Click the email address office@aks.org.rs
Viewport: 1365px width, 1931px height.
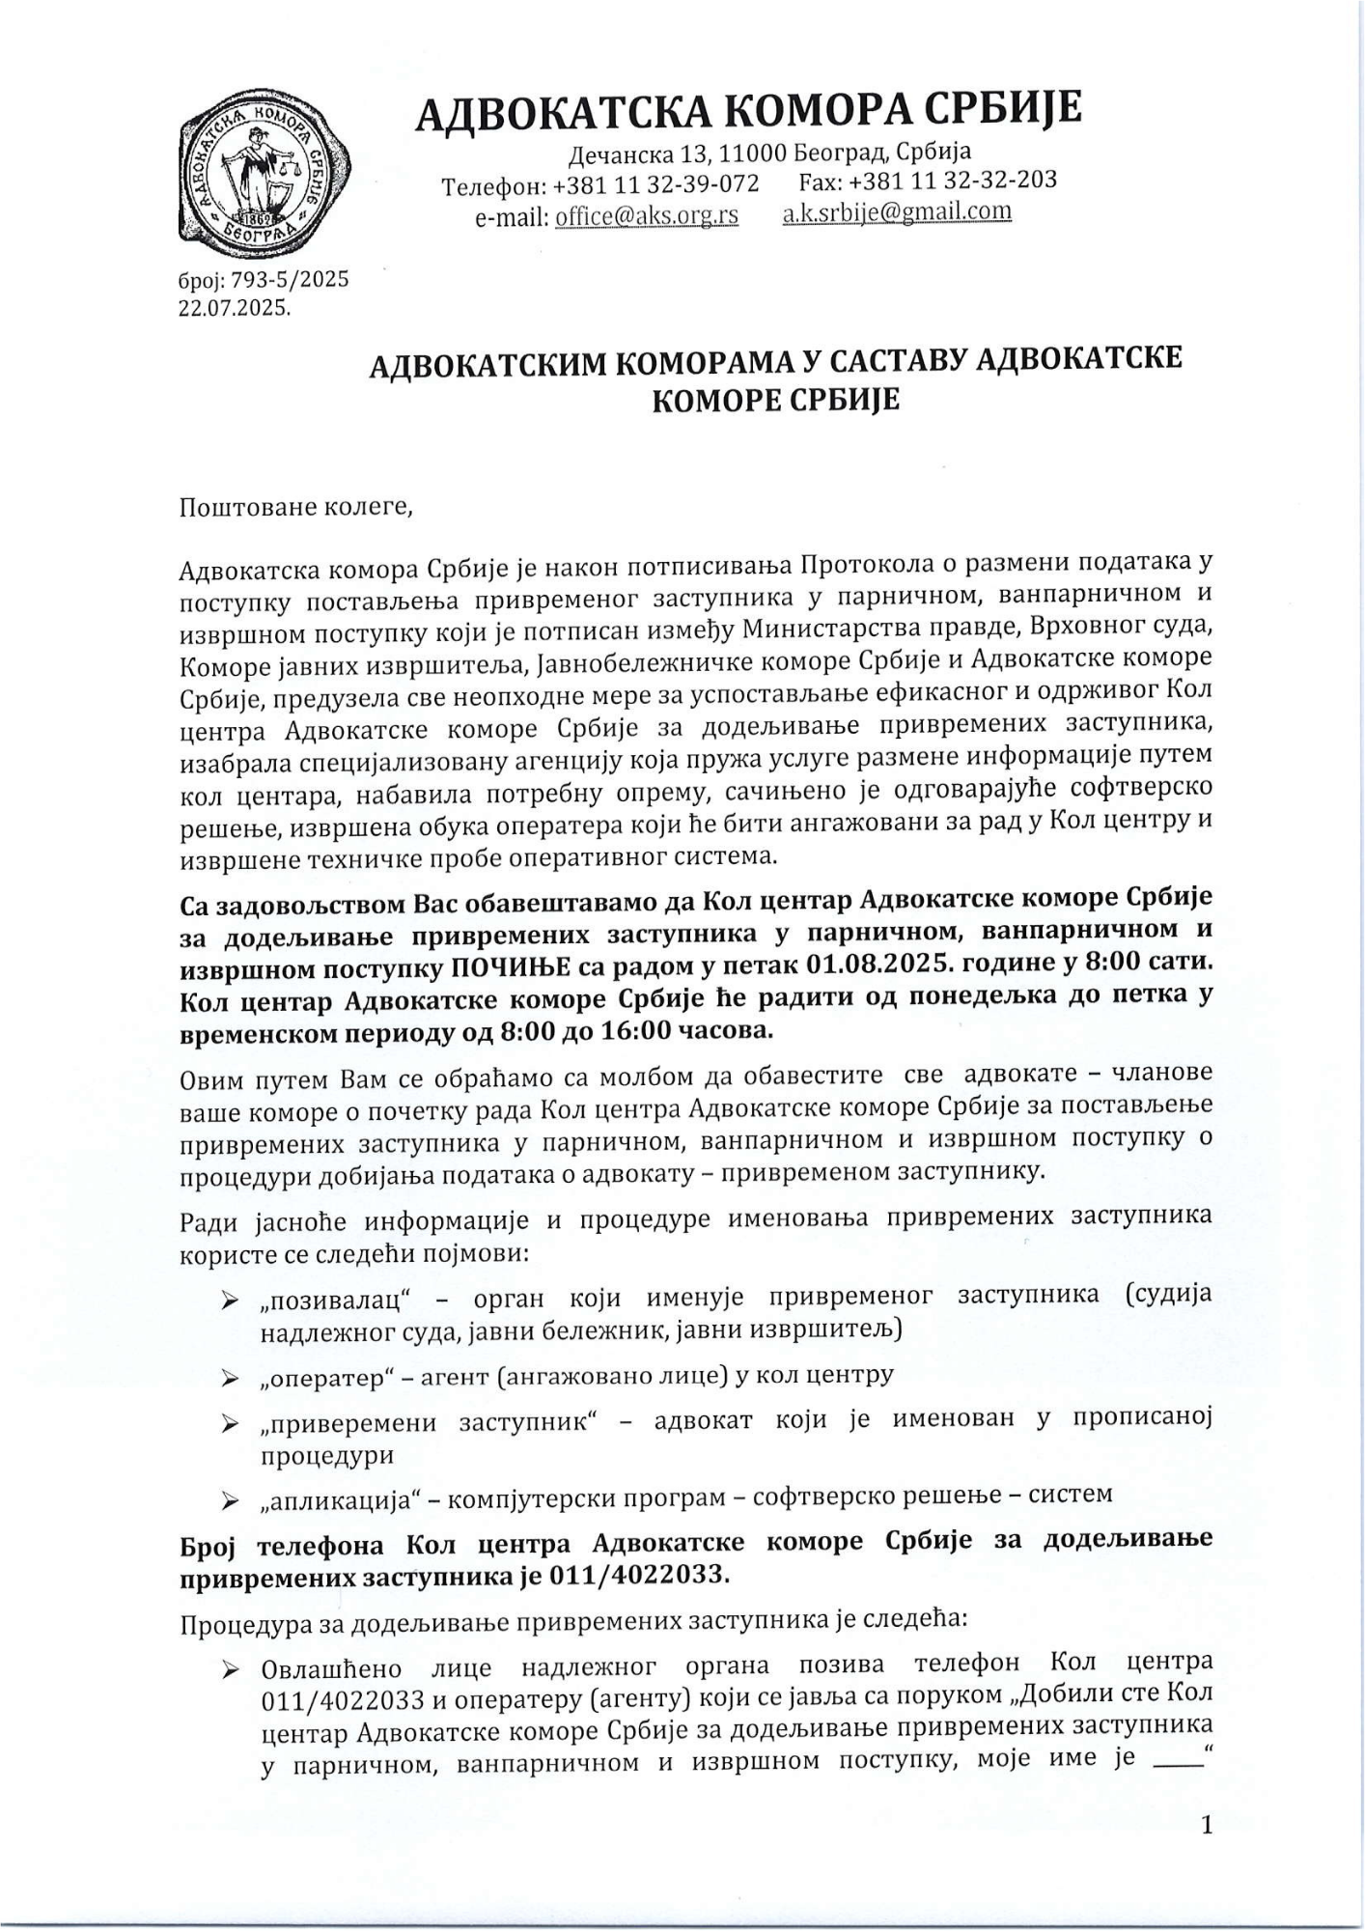pos(646,215)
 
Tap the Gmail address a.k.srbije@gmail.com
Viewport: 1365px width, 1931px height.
pos(896,211)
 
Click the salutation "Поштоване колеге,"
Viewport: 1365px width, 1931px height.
pos(296,507)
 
